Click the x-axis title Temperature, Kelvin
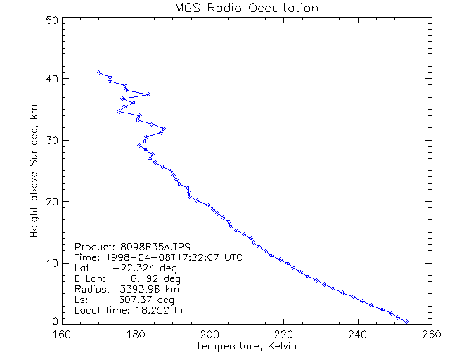(x=246, y=346)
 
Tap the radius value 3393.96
(x=138, y=289)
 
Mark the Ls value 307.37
(x=138, y=300)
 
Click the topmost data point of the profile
(x=99, y=72)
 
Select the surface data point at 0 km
(x=406, y=321)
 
